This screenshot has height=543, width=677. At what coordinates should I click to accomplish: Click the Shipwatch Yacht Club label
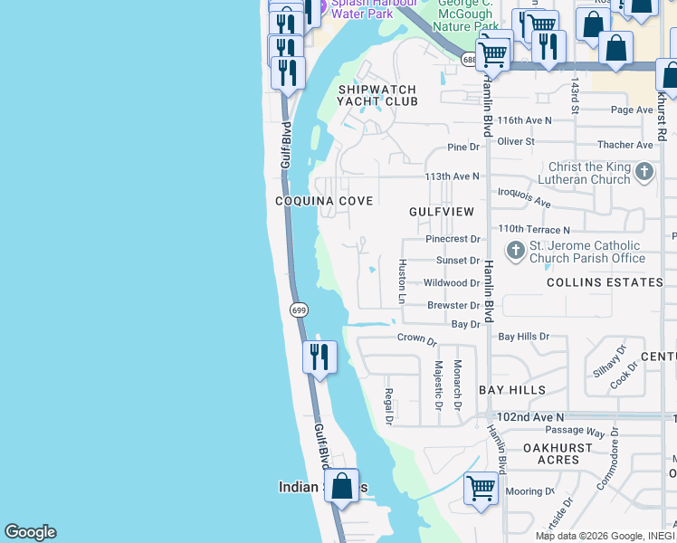pyautogui.click(x=377, y=96)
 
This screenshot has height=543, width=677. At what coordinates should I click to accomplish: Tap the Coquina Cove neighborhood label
pyautogui.click(x=324, y=201)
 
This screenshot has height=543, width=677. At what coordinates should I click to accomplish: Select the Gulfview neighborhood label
pyautogui.click(x=442, y=211)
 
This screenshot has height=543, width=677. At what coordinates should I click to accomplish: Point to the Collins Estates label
pyautogui.click(x=605, y=282)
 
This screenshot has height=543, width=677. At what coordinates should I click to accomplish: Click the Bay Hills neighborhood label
pyautogui.click(x=512, y=390)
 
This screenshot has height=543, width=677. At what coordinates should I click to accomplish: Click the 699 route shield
pyautogui.click(x=300, y=310)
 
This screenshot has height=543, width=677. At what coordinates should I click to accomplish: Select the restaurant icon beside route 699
pyautogui.click(x=319, y=357)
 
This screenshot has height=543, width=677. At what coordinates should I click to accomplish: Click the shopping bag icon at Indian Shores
pyautogui.click(x=341, y=485)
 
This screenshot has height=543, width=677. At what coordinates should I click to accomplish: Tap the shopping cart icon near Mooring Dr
pyautogui.click(x=481, y=488)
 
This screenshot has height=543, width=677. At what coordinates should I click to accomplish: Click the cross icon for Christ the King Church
pyautogui.click(x=644, y=171)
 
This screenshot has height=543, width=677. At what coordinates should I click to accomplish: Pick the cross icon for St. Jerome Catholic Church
pyautogui.click(x=515, y=250)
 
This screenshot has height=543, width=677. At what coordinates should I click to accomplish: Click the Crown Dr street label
pyautogui.click(x=417, y=339)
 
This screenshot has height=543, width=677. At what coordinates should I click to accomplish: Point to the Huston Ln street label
pyautogui.click(x=403, y=281)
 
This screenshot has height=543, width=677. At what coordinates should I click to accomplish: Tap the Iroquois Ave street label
pyautogui.click(x=524, y=197)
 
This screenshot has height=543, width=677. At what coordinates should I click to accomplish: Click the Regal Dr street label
pyautogui.click(x=388, y=406)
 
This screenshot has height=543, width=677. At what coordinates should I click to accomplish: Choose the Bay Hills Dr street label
pyautogui.click(x=524, y=336)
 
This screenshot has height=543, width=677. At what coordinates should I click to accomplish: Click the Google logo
pyautogui.click(x=30, y=532)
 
